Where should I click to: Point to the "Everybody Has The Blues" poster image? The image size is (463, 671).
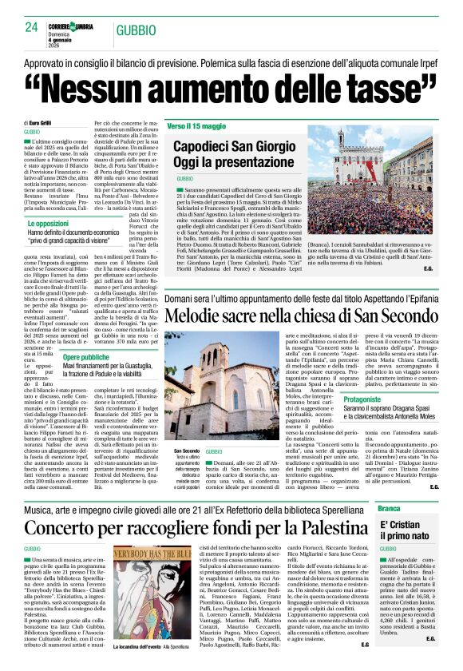[x=160, y=598]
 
